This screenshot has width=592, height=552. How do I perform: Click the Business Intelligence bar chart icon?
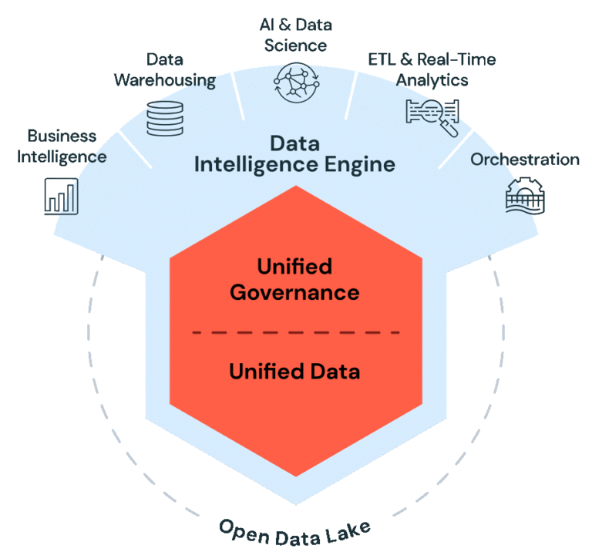pyautogui.click(x=61, y=195)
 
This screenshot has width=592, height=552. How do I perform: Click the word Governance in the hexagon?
pyautogui.click(x=294, y=293)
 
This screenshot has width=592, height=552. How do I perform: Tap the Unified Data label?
pyautogui.click(x=294, y=372)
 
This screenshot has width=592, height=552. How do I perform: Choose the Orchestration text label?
pyautogui.click(x=525, y=160)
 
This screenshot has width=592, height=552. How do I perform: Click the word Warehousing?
pyautogui.click(x=164, y=79)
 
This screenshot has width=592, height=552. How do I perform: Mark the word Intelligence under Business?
pyautogui.click(x=62, y=157)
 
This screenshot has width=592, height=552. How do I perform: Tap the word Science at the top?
pyautogui.click(x=295, y=45)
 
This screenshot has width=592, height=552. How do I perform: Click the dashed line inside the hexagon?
pyautogui.click(x=296, y=332)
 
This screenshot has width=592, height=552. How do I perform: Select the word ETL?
pyautogui.click(x=379, y=59)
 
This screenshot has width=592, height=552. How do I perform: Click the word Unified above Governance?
pyautogui.click(x=294, y=267)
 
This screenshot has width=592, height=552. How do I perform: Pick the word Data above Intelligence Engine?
pyautogui.click(x=294, y=143)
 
